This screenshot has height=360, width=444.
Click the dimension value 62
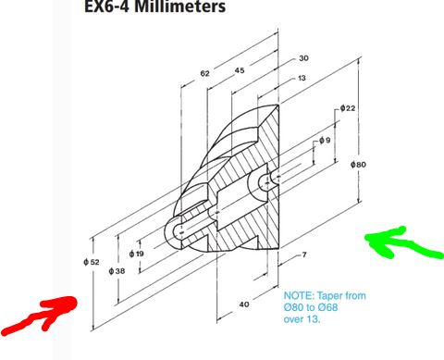click(204, 72)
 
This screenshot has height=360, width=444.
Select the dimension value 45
click(239, 70)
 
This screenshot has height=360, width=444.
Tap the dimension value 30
click(304, 57)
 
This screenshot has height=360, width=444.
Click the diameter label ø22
click(347, 108)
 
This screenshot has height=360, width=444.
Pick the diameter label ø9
click(324, 140)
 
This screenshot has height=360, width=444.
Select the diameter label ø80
click(359, 165)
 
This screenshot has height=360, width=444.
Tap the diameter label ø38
click(117, 270)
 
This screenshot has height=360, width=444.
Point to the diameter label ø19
click(137, 253)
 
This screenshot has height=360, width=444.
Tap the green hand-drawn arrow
click(400, 243)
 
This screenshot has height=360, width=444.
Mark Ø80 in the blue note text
click(294, 306)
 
